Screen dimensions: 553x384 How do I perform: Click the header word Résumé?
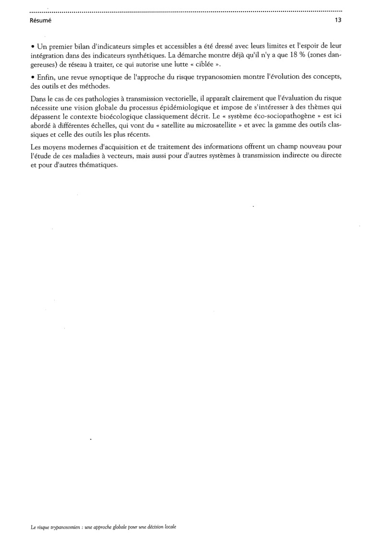click(x=40, y=21)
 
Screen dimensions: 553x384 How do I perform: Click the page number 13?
click(x=338, y=21)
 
